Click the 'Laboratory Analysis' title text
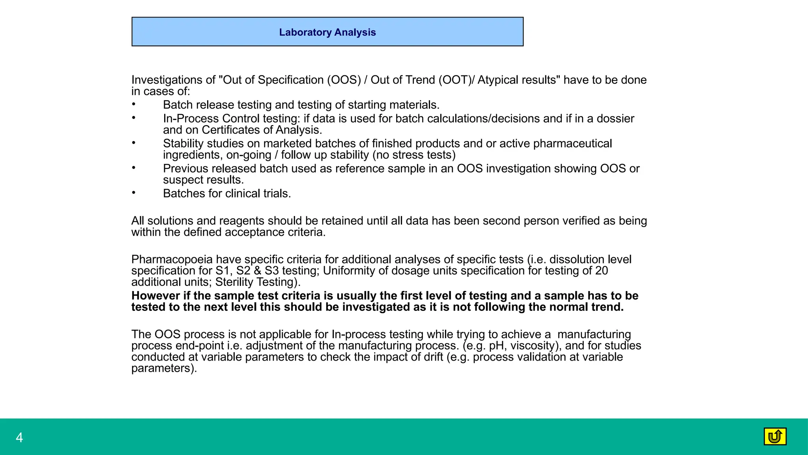tap(327, 32)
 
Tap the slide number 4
tap(19, 438)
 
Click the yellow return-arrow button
tap(775, 436)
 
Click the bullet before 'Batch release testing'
tap(134, 104)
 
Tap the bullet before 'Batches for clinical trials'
tap(134, 193)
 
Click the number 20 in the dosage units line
tap(602, 271)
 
